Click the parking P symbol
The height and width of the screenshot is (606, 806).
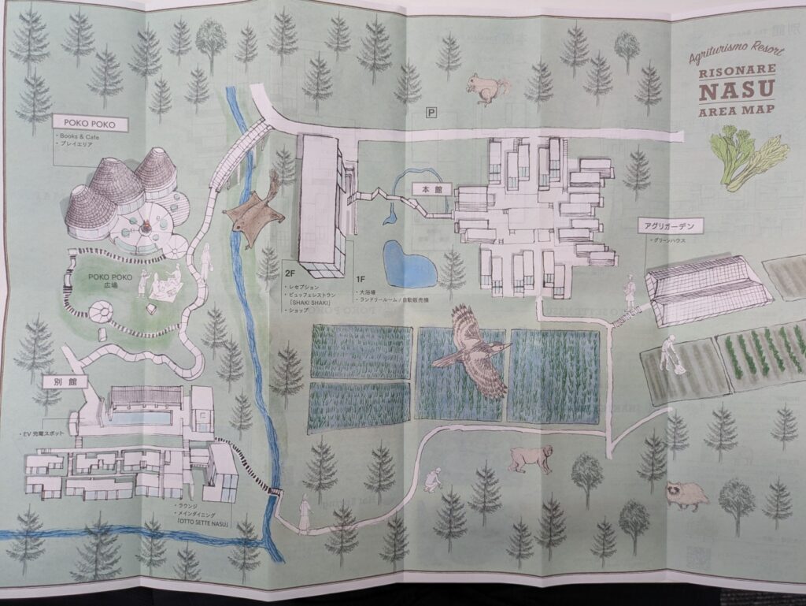pos(431,113)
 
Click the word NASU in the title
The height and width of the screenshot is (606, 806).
pos(736,91)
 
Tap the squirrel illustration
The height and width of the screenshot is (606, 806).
pos(486,88)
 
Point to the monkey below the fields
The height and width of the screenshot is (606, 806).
pos(529,459)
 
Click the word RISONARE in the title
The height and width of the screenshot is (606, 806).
pos(736,72)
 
